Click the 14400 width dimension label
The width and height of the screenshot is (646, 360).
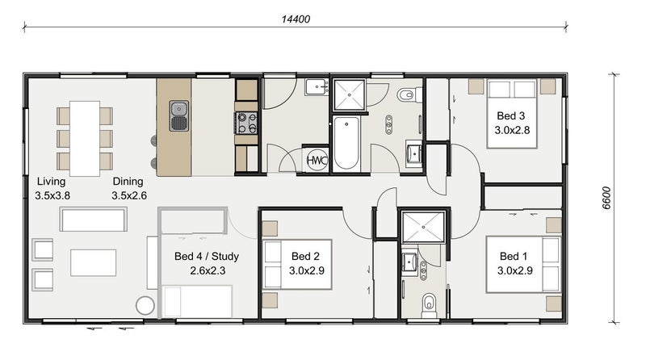click(296, 19)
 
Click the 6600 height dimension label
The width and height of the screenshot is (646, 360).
click(606, 198)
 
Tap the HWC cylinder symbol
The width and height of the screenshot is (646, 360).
click(317, 160)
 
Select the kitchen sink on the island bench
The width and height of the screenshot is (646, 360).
click(179, 115)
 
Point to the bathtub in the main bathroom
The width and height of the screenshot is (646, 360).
click(346, 144)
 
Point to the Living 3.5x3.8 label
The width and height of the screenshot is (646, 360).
click(52, 188)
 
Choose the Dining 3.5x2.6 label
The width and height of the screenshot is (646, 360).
click(129, 188)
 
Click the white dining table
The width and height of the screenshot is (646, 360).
click(85, 138)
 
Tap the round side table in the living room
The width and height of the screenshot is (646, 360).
click(145, 306)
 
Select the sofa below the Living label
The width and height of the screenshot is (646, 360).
click(94, 219)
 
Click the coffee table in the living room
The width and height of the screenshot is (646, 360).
click(93, 262)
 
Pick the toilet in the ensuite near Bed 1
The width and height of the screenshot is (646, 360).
click(429, 306)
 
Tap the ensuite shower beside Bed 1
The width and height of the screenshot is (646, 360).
click(423, 227)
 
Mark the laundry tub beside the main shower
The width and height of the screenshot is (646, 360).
click(317, 87)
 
